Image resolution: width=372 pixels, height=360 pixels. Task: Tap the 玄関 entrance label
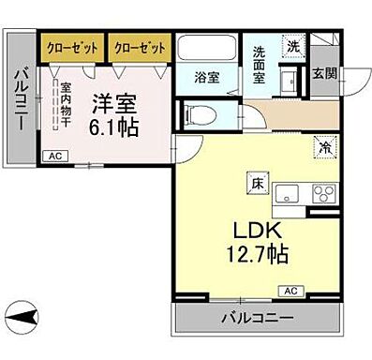(x=323, y=73)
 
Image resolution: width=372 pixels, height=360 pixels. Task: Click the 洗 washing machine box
(x=293, y=47)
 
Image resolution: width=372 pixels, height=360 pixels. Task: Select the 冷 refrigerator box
(x=323, y=148)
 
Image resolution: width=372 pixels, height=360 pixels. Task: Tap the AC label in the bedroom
(x=54, y=156)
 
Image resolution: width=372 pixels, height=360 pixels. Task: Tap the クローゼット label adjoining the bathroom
(x=139, y=45)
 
